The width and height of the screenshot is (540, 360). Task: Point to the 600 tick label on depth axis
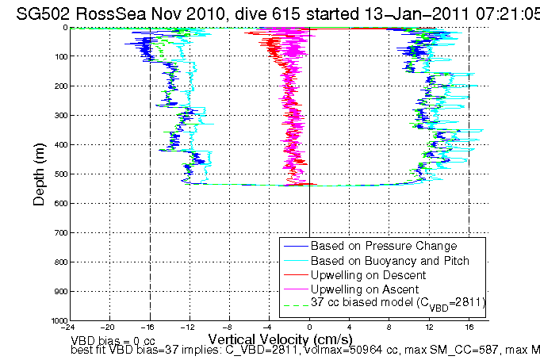pos(58,203)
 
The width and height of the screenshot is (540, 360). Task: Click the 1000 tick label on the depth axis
pos(56,320)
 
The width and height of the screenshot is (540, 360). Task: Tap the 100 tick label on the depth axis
pos(58,56)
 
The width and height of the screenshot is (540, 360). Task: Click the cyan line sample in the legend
pos(295,260)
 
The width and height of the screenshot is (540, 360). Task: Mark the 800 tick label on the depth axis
pos(58,262)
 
